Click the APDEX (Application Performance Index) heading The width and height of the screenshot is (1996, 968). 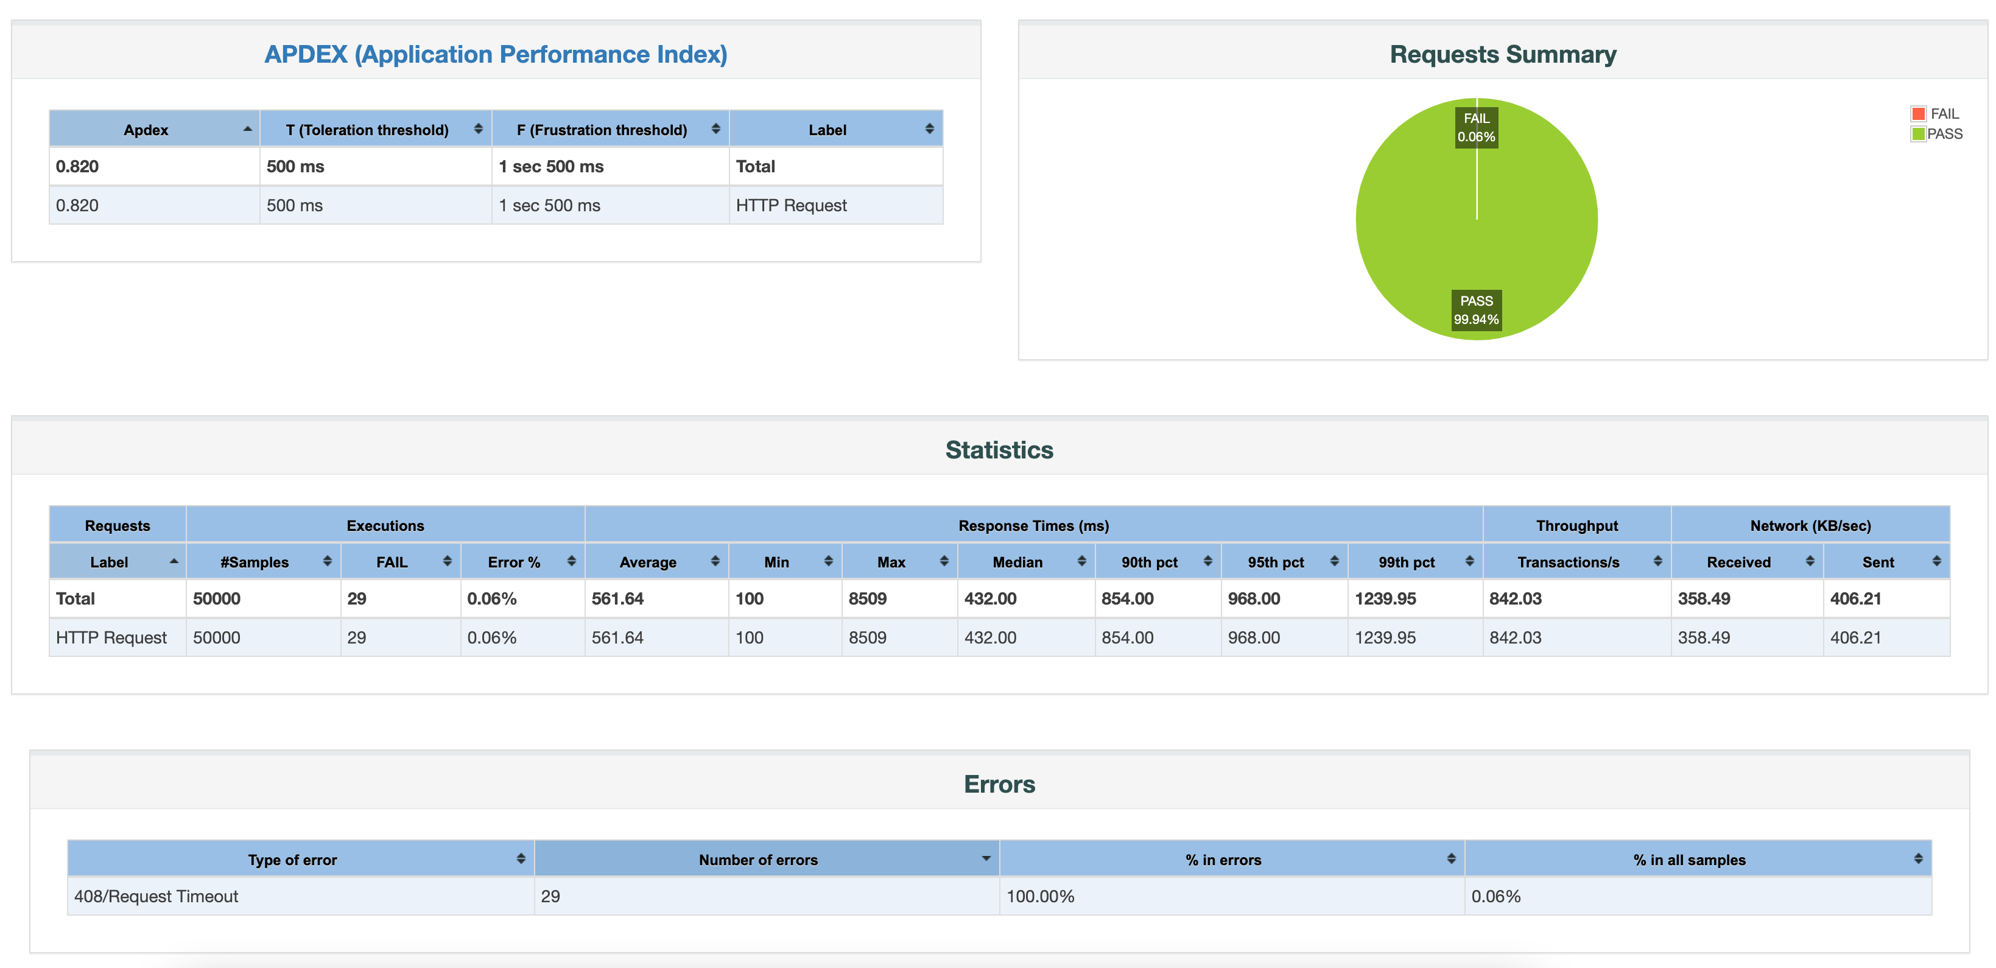click(495, 54)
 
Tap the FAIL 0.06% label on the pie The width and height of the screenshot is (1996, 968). click(1476, 128)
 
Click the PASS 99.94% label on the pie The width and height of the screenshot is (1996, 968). click(1476, 310)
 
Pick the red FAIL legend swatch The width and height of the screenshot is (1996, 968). click(1917, 114)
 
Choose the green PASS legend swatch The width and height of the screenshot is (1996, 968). click(1917, 134)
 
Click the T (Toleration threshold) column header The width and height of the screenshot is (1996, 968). click(367, 130)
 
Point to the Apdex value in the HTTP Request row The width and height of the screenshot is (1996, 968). click(77, 205)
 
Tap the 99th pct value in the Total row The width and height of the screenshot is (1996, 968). click(1385, 598)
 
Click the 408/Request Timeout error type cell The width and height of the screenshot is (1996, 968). click(156, 896)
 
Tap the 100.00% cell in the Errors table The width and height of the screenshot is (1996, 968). click(1040, 896)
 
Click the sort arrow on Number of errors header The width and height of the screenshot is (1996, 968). click(986, 859)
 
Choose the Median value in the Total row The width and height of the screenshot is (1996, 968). click(989, 598)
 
